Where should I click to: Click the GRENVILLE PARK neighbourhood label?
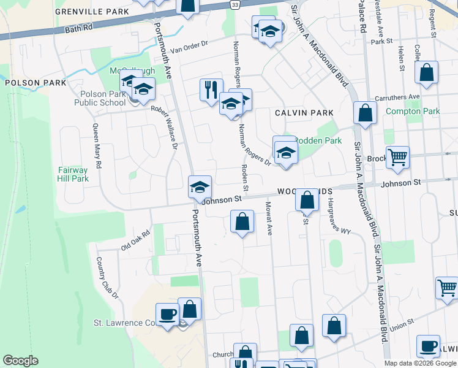(x=100, y=12)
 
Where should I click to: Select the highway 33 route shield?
(x=236, y=4)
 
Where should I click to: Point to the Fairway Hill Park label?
(x=73, y=174)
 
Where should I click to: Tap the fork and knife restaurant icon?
(x=211, y=90)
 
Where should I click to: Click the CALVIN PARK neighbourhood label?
(x=304, y=113)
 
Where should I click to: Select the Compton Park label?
(x=413, y=112)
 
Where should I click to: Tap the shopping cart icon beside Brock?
(x=397, y=157)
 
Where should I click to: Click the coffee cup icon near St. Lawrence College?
(x=167, y=314)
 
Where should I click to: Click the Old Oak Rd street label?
(x=135, y=240)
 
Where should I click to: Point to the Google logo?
(x=20, y=361)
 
